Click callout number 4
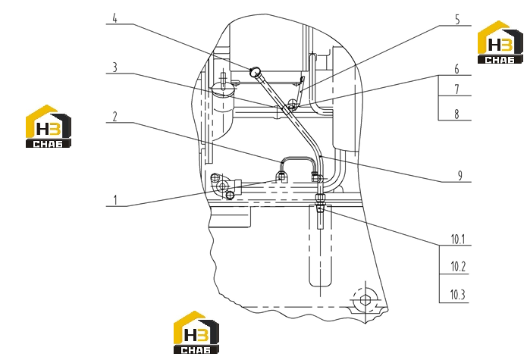click(x=114, y=18)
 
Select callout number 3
click(x=115, y=67)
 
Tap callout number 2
click(x=115, y=117)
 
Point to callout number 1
click(x=115, y=200)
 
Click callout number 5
click(x=457, y=20)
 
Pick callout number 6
click(x=456, y=69)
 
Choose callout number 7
click(x=456, y=89)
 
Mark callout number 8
click(x=456, y=114)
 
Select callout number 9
click(x=460, y=175)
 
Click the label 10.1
click(x=458, y=239)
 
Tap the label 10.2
click(x=458, y=266)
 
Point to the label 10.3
click(x=458, y=295)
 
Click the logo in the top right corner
click(x=500, y=42)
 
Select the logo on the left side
click(x=49, y=127)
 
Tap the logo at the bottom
click(x=196, y=333)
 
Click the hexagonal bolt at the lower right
click(x=365, y=300)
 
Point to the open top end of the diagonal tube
click(x=255, y=71)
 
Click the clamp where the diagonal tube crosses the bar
click(x=290, y=106)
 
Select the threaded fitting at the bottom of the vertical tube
click(x=320, y=202)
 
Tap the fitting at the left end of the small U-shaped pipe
click(x=281, y=175)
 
